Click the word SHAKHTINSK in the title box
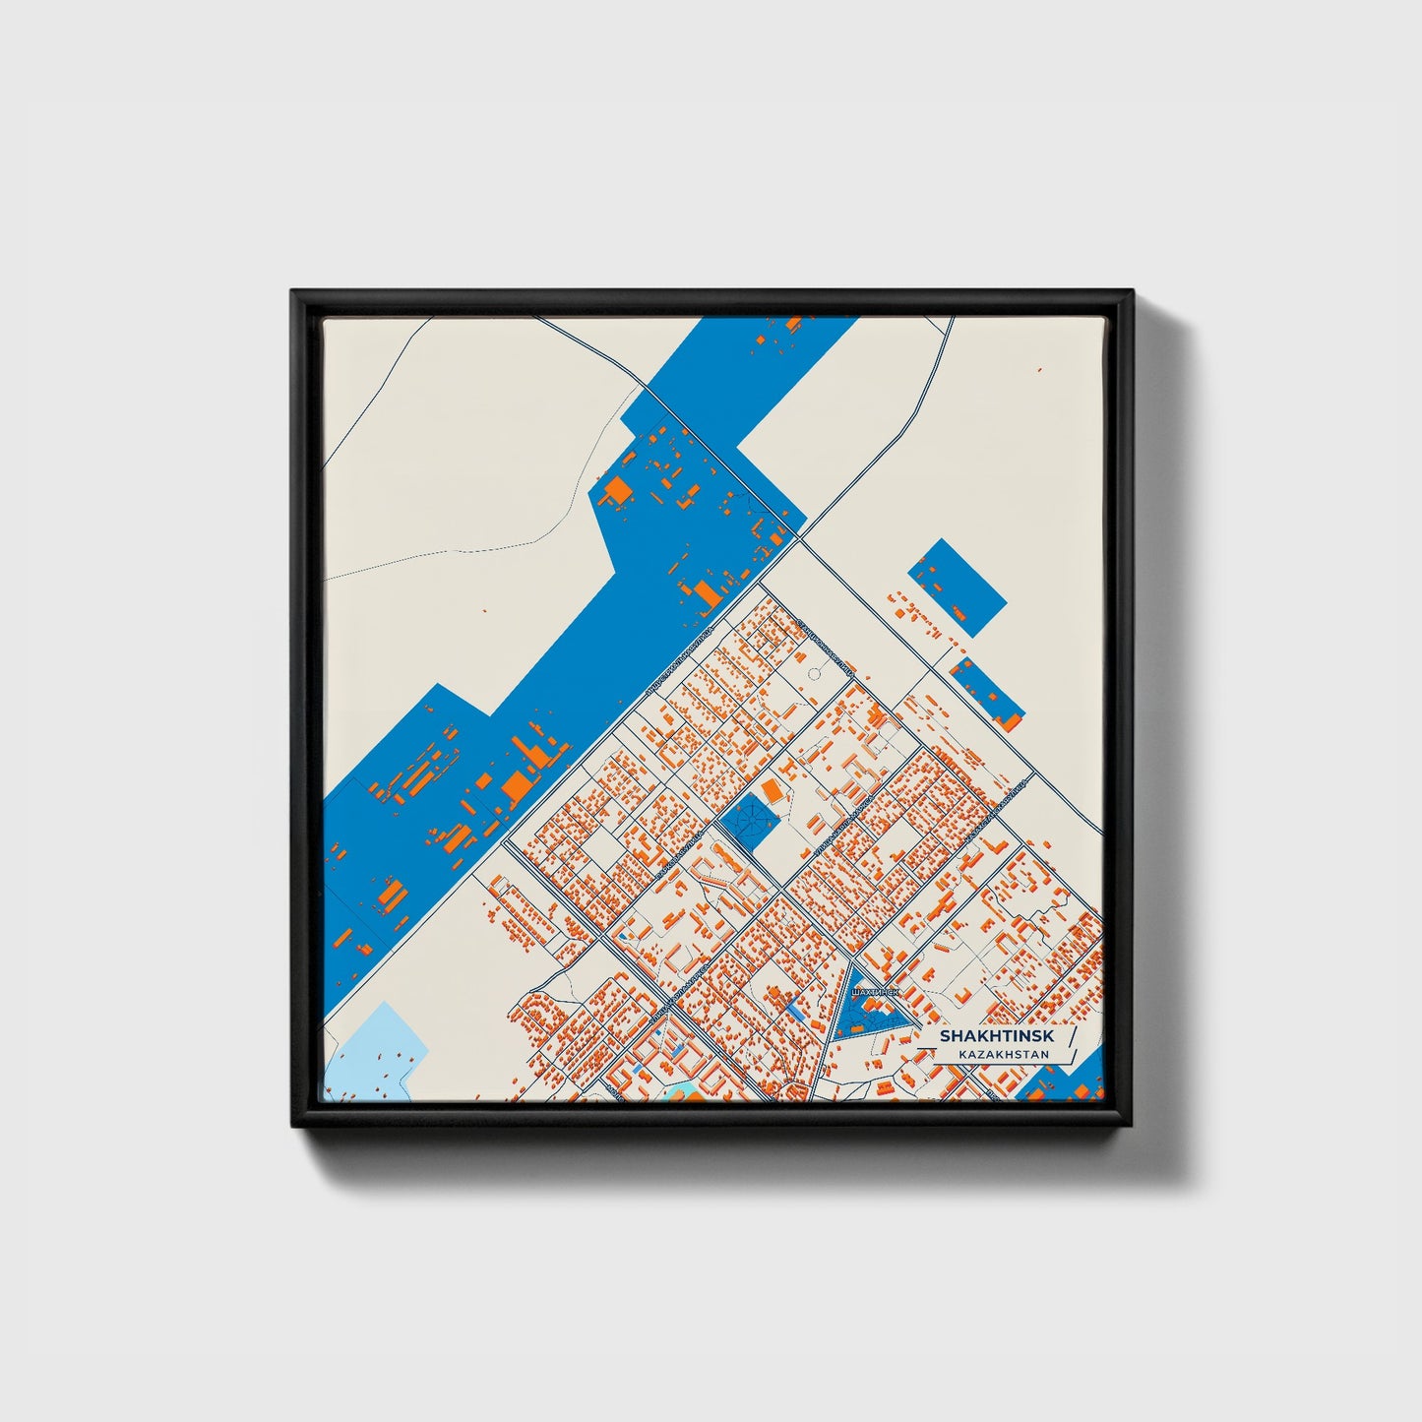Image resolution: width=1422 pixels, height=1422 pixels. (x=995, y=1036)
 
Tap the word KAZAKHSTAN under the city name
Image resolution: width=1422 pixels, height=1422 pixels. (x=1002, y=1054)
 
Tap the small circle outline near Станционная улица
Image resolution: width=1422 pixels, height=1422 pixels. (x=815, y=673)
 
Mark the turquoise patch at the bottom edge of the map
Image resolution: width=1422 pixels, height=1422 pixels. (x=678, y=1093)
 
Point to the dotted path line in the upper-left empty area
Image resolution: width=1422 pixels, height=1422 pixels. (x=463, y=551)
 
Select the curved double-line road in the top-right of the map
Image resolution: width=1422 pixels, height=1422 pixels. (x=929, y=394)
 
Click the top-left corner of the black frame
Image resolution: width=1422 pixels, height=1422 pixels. (x=294, y=293)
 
